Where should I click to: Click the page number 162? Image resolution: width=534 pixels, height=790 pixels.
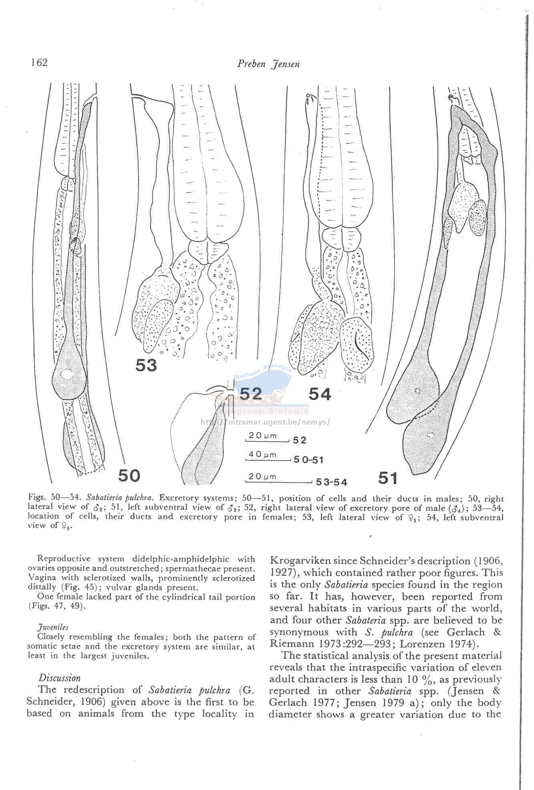(x=39, y=63)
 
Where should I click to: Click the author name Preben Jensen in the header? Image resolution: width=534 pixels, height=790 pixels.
(x=268, y=64)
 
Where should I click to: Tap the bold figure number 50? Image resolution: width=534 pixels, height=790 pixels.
(x=129, y=475)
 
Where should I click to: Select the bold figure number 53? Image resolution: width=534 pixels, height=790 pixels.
(x=146, y=365)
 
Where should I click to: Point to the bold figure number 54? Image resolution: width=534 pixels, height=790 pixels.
(x=320, y=394)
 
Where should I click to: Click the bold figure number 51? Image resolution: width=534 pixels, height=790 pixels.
(x=388, y=478)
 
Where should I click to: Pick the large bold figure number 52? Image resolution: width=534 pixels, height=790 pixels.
(x=251, y=394)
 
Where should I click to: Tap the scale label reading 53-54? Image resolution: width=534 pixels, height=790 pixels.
(x=331, y=482)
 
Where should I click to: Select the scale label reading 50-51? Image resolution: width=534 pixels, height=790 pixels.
(x=308, y=460)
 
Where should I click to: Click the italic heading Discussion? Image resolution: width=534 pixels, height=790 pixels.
(x=59, y=678)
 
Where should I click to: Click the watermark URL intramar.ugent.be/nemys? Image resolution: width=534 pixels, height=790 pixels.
(x=264, y=421)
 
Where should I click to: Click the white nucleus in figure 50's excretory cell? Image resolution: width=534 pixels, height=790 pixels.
(x=67, y=375)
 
